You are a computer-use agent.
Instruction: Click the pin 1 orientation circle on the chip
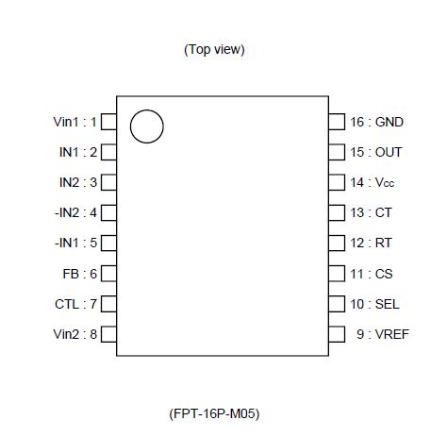pyautogui.click(x=146, y=126)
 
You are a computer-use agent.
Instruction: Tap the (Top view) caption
pyautogui.click(x=214, y=49)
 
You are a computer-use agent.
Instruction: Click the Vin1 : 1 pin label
pyautogui.click(x=74, y=122)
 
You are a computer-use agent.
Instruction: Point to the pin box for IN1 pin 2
pyautogui.click(x=108, y=152)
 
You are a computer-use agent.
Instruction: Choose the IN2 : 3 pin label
pyautogui.click(x=76, y=182)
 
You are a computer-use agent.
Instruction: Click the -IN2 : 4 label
pyautogui.click(x=74, y=212)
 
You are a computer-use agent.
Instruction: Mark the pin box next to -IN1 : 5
pyautogui.click(x=108, y=243)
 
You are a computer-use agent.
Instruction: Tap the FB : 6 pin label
pyautogui.click(x=79, y=274)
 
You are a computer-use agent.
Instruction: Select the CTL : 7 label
pyautogui.click(x=75, y=304)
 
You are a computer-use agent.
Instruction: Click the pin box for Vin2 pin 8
pyautogui.click(x=108, y=334)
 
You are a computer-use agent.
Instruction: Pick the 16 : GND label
pyautogui.click(x=376, y=122)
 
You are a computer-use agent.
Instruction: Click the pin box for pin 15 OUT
pyautogui.click(x=336, y=152)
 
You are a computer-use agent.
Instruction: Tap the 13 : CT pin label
pyautogui.click(x=371, y=212)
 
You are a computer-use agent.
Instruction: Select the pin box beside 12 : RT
pyautogui.click(x=336, y=243)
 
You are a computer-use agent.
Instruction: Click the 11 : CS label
pyautogui.click(x=371, y=274)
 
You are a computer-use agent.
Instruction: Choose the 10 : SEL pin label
pyautogui.click(x=374, y=304)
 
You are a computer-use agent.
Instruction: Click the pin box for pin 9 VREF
pyautogui.click(x=336, y=334)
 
